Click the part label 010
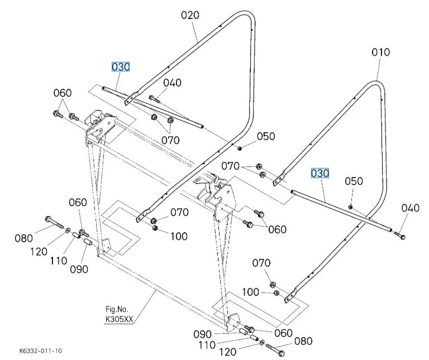click(380, 52)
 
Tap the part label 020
click(190, 15)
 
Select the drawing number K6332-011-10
click(40, 351)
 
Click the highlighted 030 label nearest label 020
click(121, 67)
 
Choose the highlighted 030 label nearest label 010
click(321, 174)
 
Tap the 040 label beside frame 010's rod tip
click(410, 208)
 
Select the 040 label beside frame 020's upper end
click(173, 83)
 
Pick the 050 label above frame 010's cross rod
click(354, 181)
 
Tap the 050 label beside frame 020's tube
click(266, 136)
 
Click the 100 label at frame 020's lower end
click(179, 236)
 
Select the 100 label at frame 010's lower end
click(251, 292)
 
